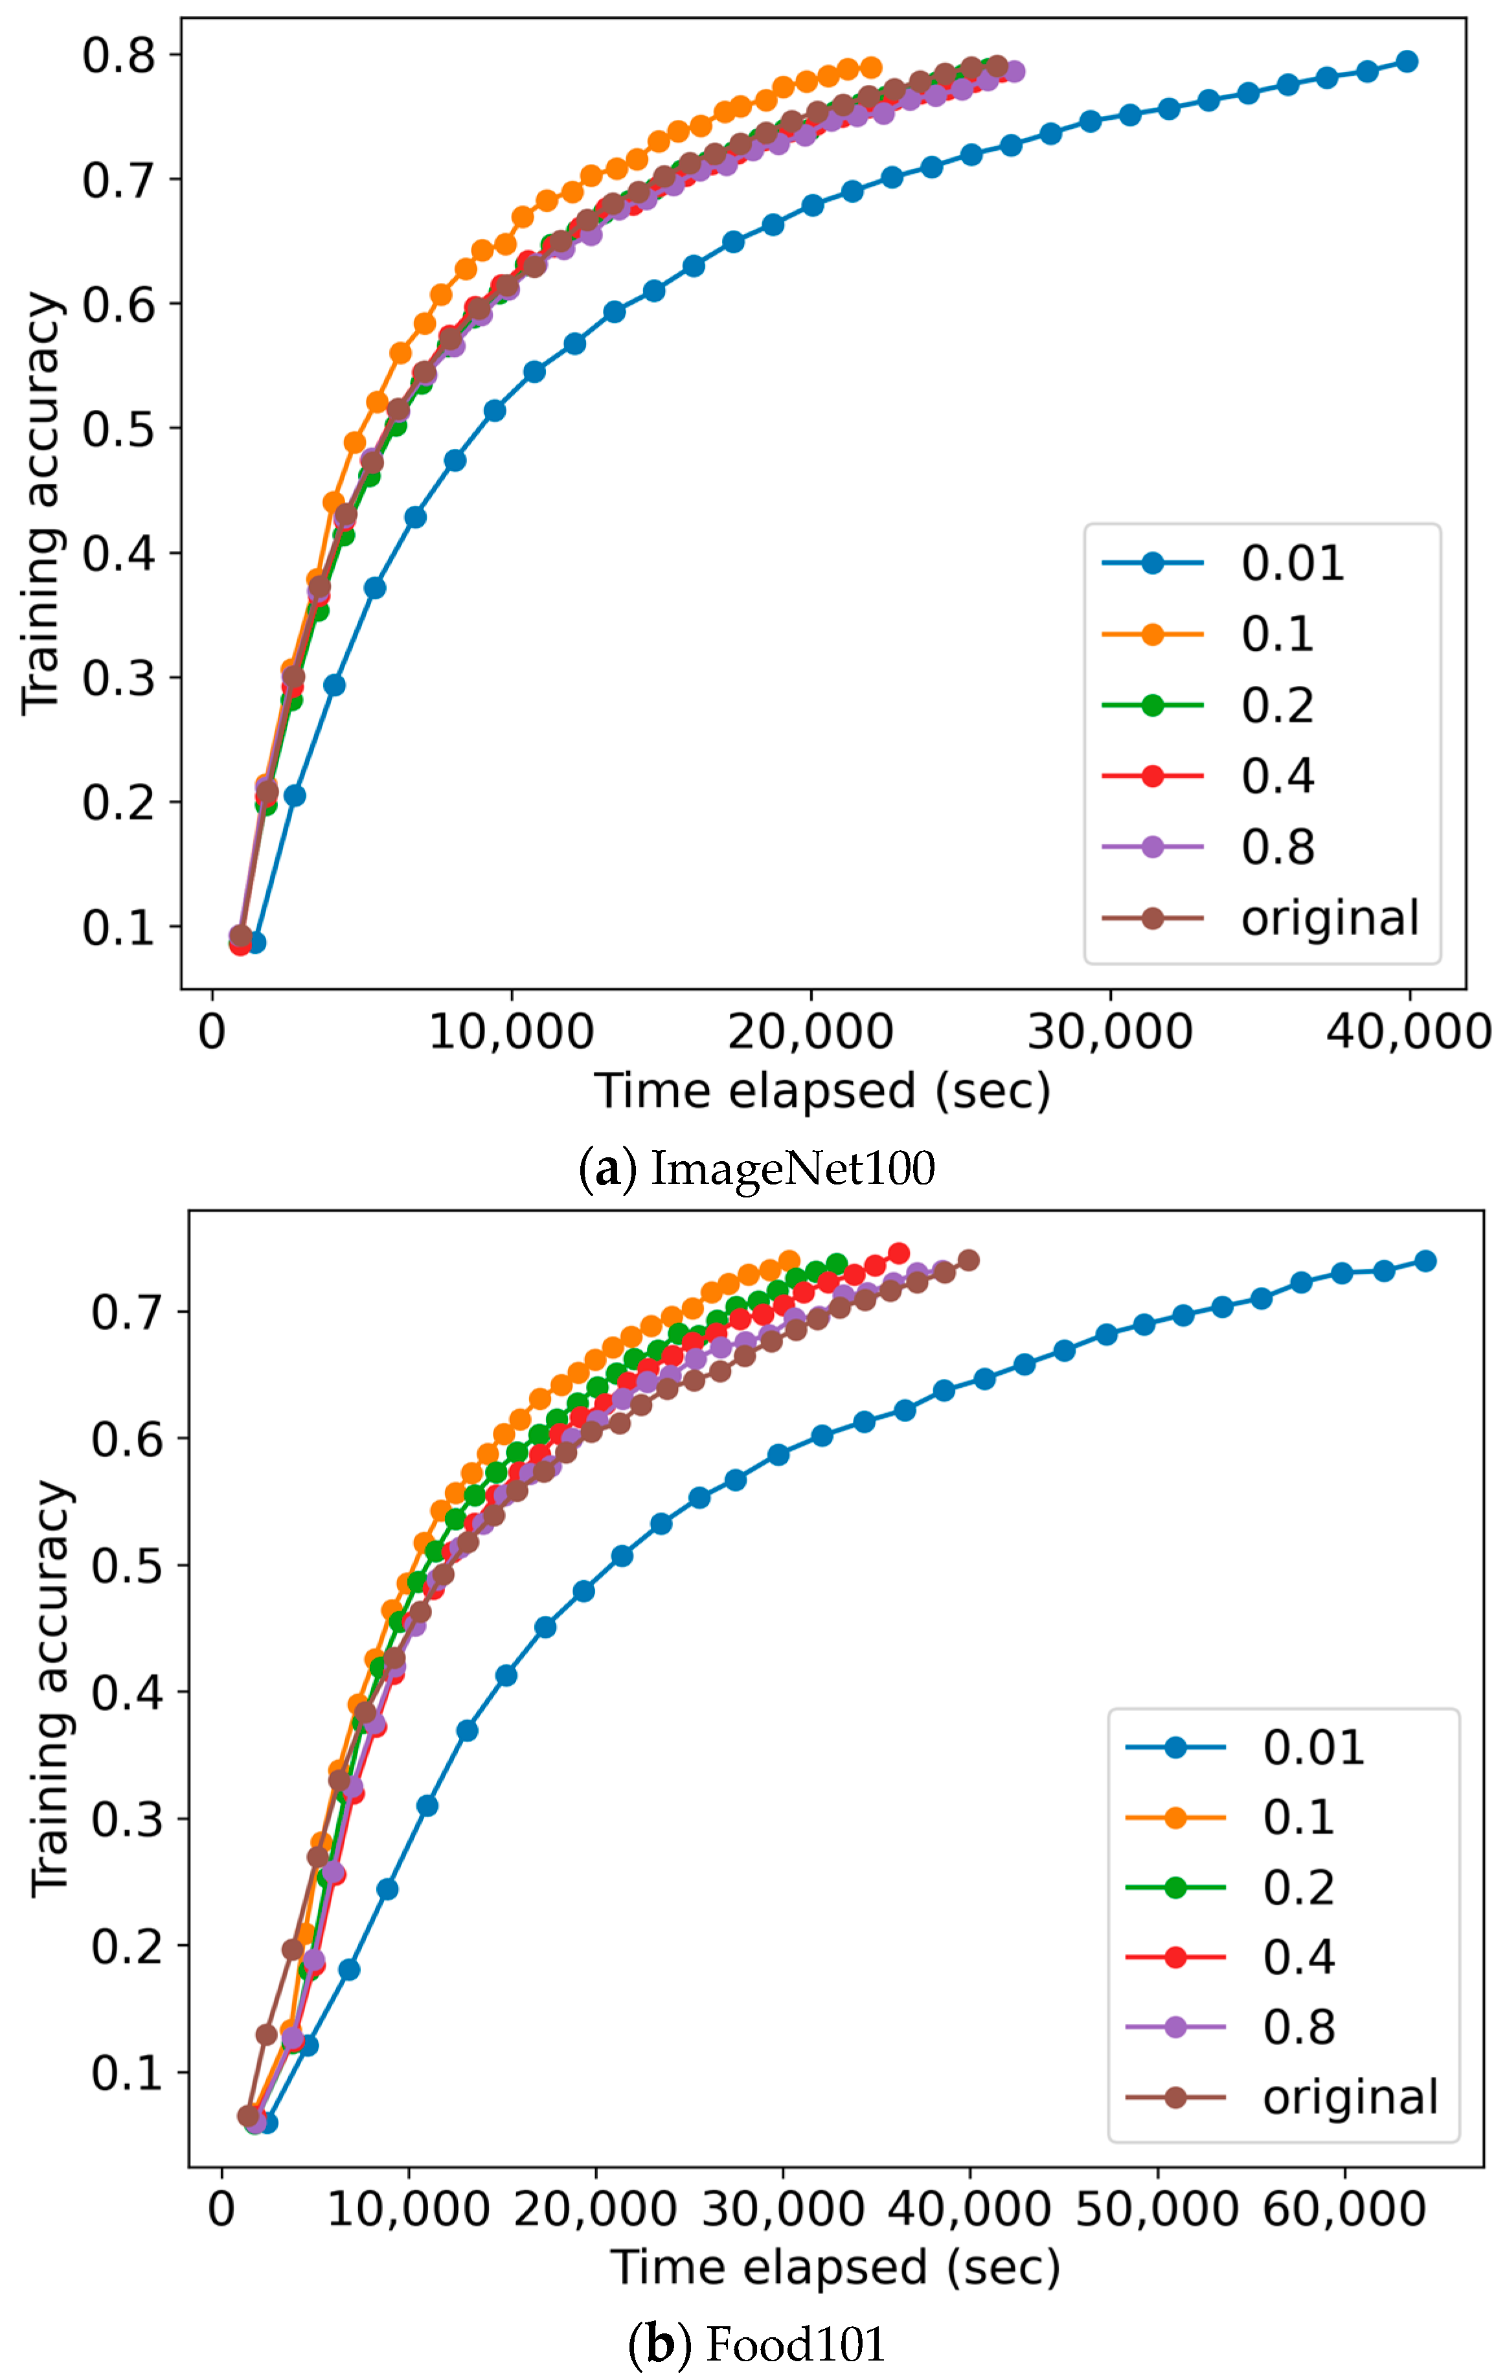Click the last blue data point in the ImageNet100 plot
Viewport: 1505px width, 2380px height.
click(1407, 62)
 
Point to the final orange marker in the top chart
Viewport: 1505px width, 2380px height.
click(870, 68)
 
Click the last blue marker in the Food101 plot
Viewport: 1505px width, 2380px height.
click(1425, 1260)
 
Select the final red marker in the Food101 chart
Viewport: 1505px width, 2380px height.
click(898, 1253)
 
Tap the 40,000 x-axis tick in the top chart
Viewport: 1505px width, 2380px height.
click(1407, 1032)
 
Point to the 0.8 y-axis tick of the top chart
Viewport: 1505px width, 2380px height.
click(119, 55)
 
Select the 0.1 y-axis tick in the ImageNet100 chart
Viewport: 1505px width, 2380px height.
click(119, 927)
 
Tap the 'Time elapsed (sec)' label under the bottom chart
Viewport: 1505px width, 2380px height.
click(835, 2266)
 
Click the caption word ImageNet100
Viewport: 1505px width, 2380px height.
click(793, 1168)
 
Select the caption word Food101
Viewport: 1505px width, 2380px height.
click(797, 2344)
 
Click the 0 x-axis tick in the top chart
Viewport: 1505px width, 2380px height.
click(212, 1032)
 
